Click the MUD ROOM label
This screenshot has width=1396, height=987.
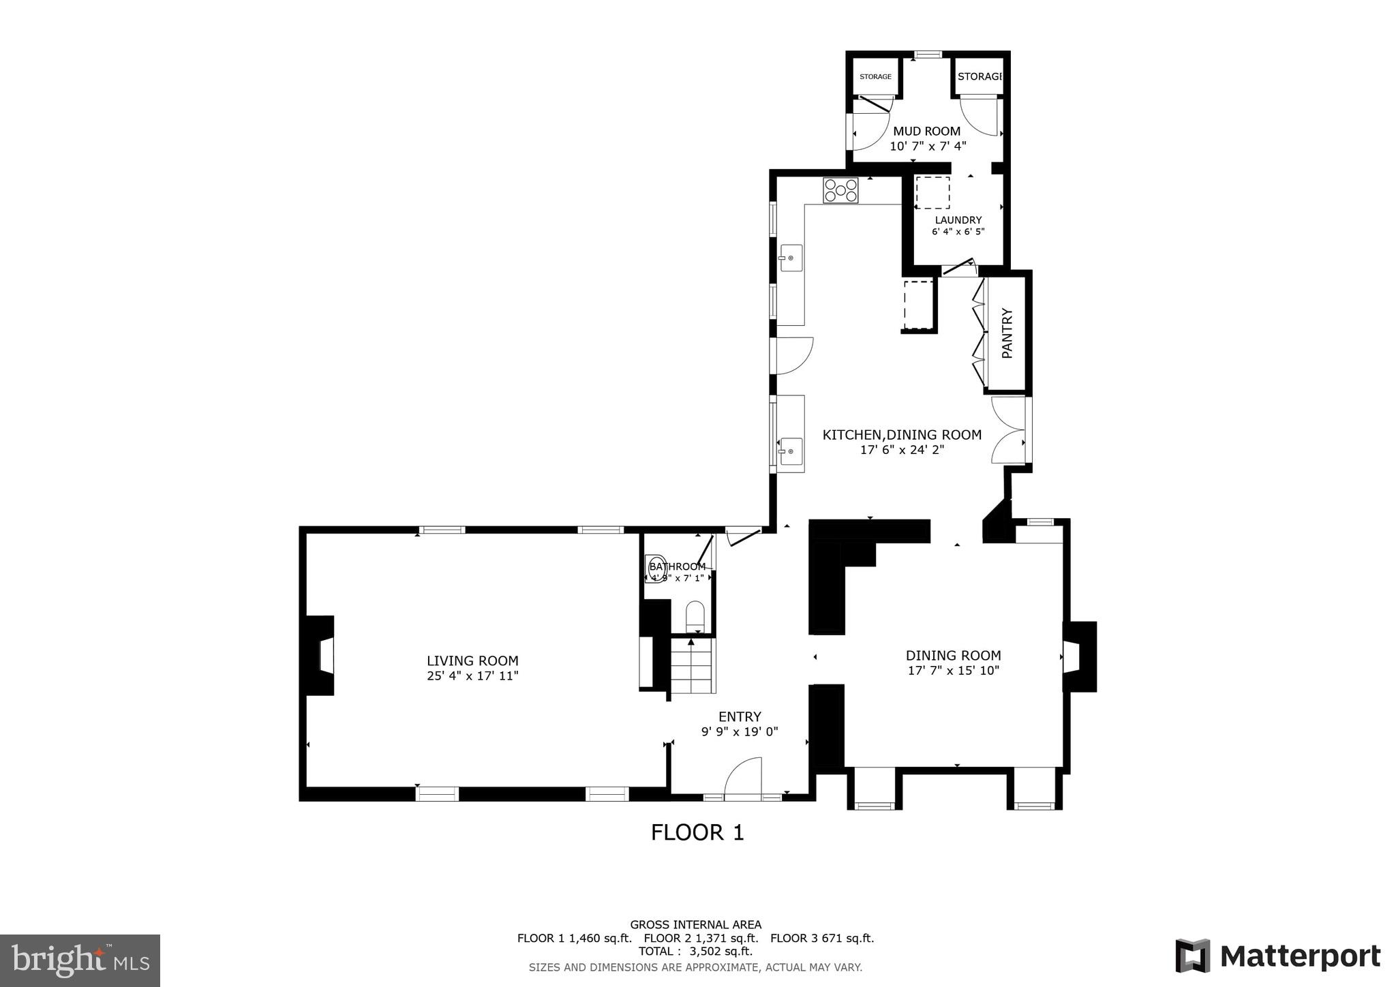pyautogui.click(x=926, y=131)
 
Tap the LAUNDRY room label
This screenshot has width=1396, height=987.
pyautogui.click(x=958, y=220)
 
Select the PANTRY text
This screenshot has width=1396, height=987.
pyautogui.click(x=1007, y=333)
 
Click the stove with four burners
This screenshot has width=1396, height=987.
pyautogui.click(x=840, y=190)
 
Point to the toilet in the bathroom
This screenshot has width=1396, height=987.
pyautogui.click(x=694, y=616)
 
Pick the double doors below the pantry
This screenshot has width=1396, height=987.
pyautogui.click(x=1008, y=430)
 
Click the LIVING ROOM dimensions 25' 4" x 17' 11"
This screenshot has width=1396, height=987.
pyautogui.click(x=472, y=676)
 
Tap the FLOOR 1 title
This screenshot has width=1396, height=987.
pyautogui.click(x=697, y=832)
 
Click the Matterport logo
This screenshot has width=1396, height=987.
pyautogui.click(x=1277, y=956)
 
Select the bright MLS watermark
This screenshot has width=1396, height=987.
pyautogui.click(x=80, y=960)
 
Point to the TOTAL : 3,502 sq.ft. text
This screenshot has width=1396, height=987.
pyautogui.click(x=695, y=952)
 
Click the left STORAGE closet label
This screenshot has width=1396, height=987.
pyautogui.click(x=875, y=76)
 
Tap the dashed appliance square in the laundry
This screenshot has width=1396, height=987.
pyautogui.click(x=932, y=193)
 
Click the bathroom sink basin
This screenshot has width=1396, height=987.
pyautogui.click(x=656, y=565)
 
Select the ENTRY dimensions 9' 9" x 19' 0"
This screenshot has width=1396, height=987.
pyautogui.click(x=740, y=732)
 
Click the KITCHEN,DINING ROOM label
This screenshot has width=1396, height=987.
pyautogui.click(x=902, y=435)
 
